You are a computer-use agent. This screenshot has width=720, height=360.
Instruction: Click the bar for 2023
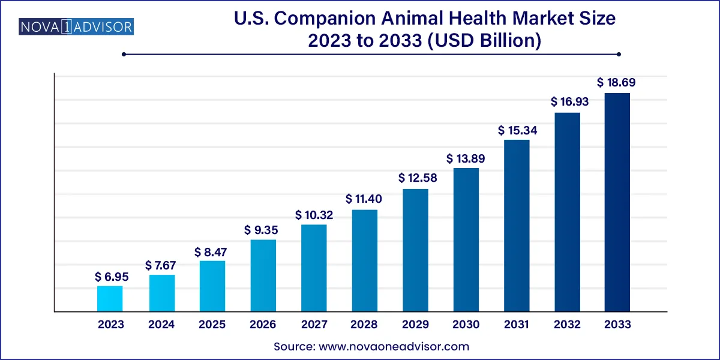tap(110, 299)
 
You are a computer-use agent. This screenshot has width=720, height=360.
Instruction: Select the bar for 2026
tap(263, 276)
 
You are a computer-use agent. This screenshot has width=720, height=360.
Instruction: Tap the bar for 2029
tap(415, 250)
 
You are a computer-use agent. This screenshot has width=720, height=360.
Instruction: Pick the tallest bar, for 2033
tap(617, 202)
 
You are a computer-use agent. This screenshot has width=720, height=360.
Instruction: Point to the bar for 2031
tap(517, 226)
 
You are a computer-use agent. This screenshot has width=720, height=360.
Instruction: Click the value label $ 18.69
tap(617, 83)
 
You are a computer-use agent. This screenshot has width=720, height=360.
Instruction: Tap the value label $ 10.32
tap(314, 215)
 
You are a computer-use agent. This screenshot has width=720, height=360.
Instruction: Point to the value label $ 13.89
tap(466, 159)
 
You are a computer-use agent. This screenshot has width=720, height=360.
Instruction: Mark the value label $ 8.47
tap(212, 252)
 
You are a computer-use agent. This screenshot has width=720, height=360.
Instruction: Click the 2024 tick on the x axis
tap(161, 325)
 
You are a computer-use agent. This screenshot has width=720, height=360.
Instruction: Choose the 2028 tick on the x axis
tap(364, 325)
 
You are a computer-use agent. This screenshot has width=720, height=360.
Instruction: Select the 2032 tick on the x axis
tap(567, 325)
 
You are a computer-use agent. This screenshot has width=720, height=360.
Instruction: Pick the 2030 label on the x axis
tap(466, 325)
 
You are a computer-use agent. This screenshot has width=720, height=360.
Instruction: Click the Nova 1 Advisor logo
tap(68, 26)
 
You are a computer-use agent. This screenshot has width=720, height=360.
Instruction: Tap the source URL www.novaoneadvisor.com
tap(394, 346)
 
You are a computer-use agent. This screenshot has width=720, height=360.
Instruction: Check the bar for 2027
tap(314, 268)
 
